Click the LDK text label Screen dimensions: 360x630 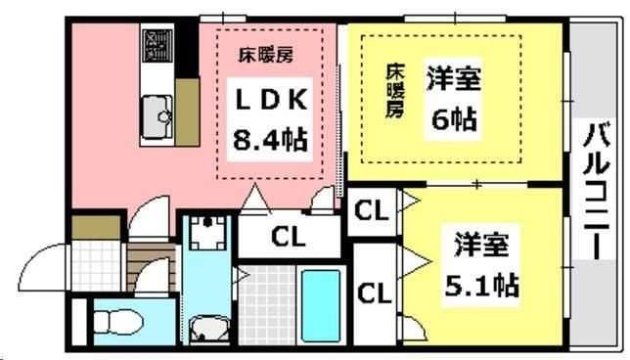pos(270,101)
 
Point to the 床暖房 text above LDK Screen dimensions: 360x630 pos(268,55)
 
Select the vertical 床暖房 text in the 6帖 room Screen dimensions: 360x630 pos(393,91)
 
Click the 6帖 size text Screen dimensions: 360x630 pos(453,119)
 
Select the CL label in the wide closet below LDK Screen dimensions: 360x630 pos(288,237)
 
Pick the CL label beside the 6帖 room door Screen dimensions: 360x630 pos(370,211)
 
